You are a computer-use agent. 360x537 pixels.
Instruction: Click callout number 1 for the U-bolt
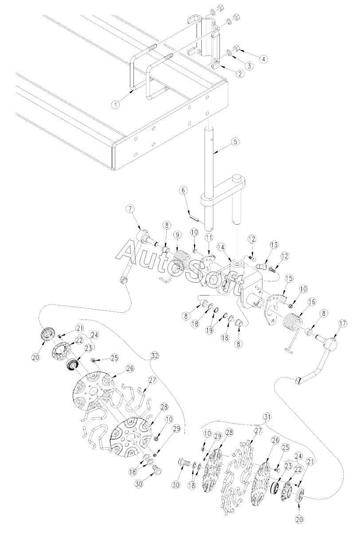pos(115,105)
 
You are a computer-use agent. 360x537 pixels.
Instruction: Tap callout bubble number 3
pos(249,66)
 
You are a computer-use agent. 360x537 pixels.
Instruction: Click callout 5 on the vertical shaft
pos(235,142)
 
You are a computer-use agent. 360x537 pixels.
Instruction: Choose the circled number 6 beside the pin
pos(182,190)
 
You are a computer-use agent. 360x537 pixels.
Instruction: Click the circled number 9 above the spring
pos(177,234)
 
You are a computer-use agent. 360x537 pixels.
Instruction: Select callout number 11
pos(209,238)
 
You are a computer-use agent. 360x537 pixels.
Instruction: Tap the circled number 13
pos(274,245)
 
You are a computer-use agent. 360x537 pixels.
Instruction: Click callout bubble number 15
pos(289,279)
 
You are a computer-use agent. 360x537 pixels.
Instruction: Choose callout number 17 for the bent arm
pos(331,323)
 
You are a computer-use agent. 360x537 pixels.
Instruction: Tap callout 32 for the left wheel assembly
pos(154,356)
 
